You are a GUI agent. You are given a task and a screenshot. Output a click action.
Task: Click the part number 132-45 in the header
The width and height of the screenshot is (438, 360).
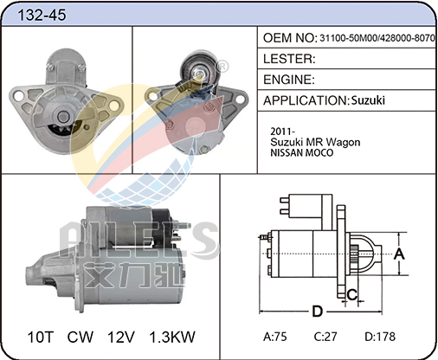pos(42,15)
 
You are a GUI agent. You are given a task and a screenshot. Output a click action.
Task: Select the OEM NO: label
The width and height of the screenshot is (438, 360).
pos(290,38)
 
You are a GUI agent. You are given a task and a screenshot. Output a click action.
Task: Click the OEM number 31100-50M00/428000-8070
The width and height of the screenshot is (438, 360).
pos(377,38)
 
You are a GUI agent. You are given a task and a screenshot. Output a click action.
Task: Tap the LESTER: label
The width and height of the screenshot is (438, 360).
pos(289,59)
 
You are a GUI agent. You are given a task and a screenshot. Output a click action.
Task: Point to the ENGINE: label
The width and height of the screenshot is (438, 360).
pos(289,80)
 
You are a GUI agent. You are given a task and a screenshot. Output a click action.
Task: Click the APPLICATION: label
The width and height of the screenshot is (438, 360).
pos(306,100)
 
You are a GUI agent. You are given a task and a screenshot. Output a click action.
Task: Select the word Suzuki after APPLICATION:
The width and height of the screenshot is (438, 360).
pos(368,100)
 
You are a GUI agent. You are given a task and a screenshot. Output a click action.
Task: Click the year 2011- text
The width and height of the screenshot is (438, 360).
pos(282,132)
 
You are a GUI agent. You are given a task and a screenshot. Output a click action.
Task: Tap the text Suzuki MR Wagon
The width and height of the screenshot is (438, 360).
pos(315,142)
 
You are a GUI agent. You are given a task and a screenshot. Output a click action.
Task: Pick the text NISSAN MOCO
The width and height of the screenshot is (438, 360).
pos(302,153)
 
